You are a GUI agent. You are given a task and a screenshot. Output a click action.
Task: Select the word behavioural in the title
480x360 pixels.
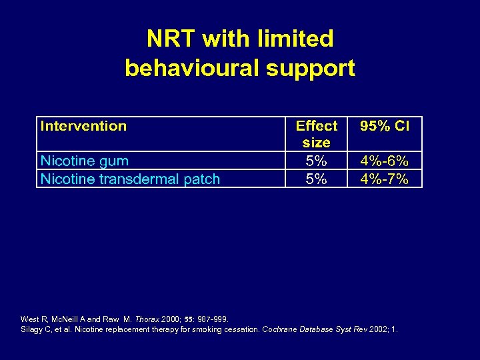(x=198, y=68)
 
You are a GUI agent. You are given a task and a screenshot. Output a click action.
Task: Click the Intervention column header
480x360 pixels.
(x=83, y=126)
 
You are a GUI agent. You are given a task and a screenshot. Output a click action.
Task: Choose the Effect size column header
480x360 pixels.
(x=316, y=134)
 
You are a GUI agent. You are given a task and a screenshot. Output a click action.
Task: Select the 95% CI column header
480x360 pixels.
(x=385, y=126)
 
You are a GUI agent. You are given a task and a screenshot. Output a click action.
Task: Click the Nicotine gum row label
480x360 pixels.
(x=85, y=161)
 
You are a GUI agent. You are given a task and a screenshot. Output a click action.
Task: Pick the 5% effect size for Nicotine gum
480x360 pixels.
(x=316, y=161)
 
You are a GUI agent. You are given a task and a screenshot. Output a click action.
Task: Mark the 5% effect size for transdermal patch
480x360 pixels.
(x=316, y=179)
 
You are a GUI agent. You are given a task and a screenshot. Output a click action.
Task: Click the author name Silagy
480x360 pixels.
(x=33, y=329)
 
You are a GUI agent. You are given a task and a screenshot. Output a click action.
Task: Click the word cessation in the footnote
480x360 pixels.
(x=221, y=329)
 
